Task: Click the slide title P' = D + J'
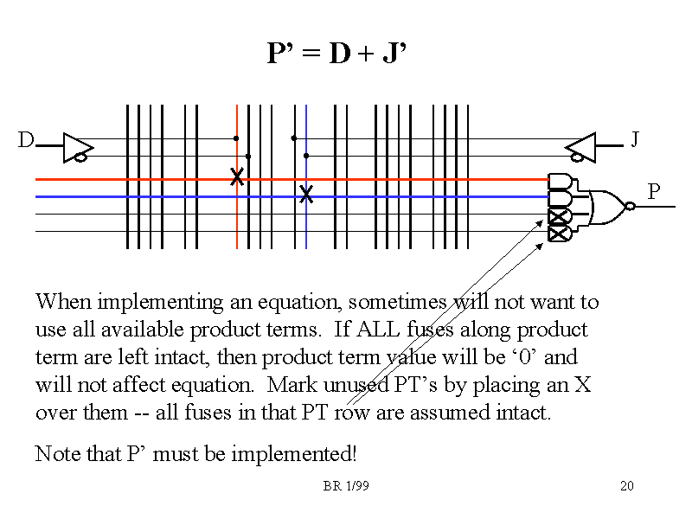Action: pos(336,54)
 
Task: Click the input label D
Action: pos(27,139)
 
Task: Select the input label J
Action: pos(635,138)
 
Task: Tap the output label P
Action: pos(654,191)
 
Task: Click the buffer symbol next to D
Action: pos(77,147)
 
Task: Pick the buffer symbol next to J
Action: pos(580,147)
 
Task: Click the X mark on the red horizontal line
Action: pos(236,177)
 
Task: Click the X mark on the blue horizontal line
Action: pos(305,195)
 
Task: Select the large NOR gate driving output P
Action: pos(609,206)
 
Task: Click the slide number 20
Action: pos(627,486)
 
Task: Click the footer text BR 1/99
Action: pos(346,486)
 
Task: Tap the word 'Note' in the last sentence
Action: pos(56,453)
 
